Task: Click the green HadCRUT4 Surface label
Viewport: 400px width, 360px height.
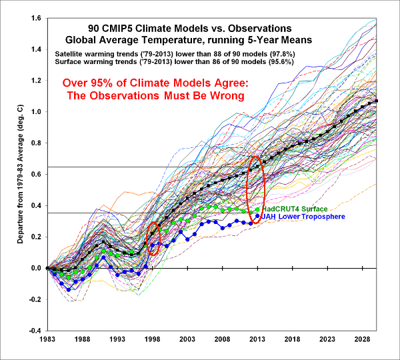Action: [296, 209]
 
